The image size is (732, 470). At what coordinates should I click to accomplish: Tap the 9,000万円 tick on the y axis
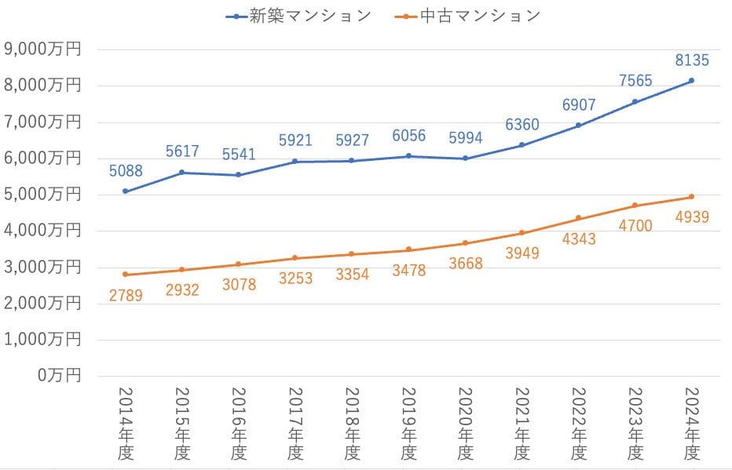point(43,49)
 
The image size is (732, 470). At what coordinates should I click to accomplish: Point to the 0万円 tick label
point(58,376)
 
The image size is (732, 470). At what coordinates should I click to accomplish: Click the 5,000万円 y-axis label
point(43,195)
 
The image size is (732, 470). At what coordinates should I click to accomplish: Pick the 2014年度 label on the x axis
point(125,424)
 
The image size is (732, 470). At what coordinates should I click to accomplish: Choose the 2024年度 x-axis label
point(692,424)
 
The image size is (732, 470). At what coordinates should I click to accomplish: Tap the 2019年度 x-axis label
point(408,424)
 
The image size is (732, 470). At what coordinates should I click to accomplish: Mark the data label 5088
point(125,169)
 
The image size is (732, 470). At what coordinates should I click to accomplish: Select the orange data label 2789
point(126,296)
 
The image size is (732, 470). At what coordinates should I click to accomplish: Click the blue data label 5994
point(465,137)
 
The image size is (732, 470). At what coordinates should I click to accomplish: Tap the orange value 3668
point(465,264)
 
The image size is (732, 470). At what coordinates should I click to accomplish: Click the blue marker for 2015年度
point(182,173)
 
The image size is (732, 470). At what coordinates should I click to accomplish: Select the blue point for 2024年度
point(691,81)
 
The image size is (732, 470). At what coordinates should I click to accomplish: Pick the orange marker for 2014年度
point(125,275)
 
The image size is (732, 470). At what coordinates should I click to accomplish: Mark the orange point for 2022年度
point(578,218)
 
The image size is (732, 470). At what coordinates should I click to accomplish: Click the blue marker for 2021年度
point(522,145)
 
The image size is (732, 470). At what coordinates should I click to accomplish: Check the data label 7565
point(635,81)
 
